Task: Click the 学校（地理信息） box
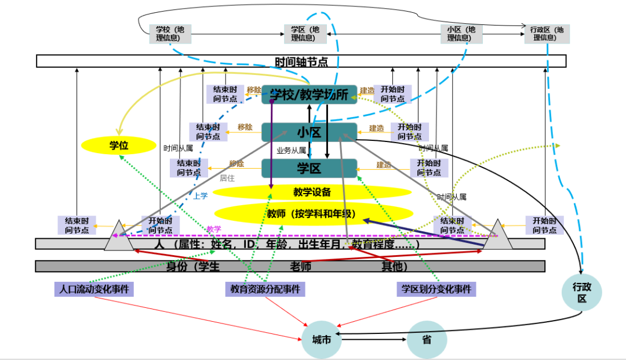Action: (170, 34)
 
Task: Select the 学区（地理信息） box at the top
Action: (305, 34)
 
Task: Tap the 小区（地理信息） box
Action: (461, 34)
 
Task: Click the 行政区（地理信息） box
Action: (547, 34)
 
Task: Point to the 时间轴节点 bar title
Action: (301, 61)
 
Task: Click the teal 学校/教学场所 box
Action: (309, 94)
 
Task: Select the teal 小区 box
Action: (309, 132)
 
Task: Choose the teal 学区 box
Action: (309, 168)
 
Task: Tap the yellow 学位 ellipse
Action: (119, 146)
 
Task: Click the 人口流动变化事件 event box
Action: (94, 289)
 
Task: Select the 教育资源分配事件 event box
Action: (265, 289)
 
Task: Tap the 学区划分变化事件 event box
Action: (436, 289)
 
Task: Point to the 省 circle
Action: (427, 340)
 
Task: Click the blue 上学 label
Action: (201, 196)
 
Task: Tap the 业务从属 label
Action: (291, 150)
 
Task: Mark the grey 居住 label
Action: (227, 179)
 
